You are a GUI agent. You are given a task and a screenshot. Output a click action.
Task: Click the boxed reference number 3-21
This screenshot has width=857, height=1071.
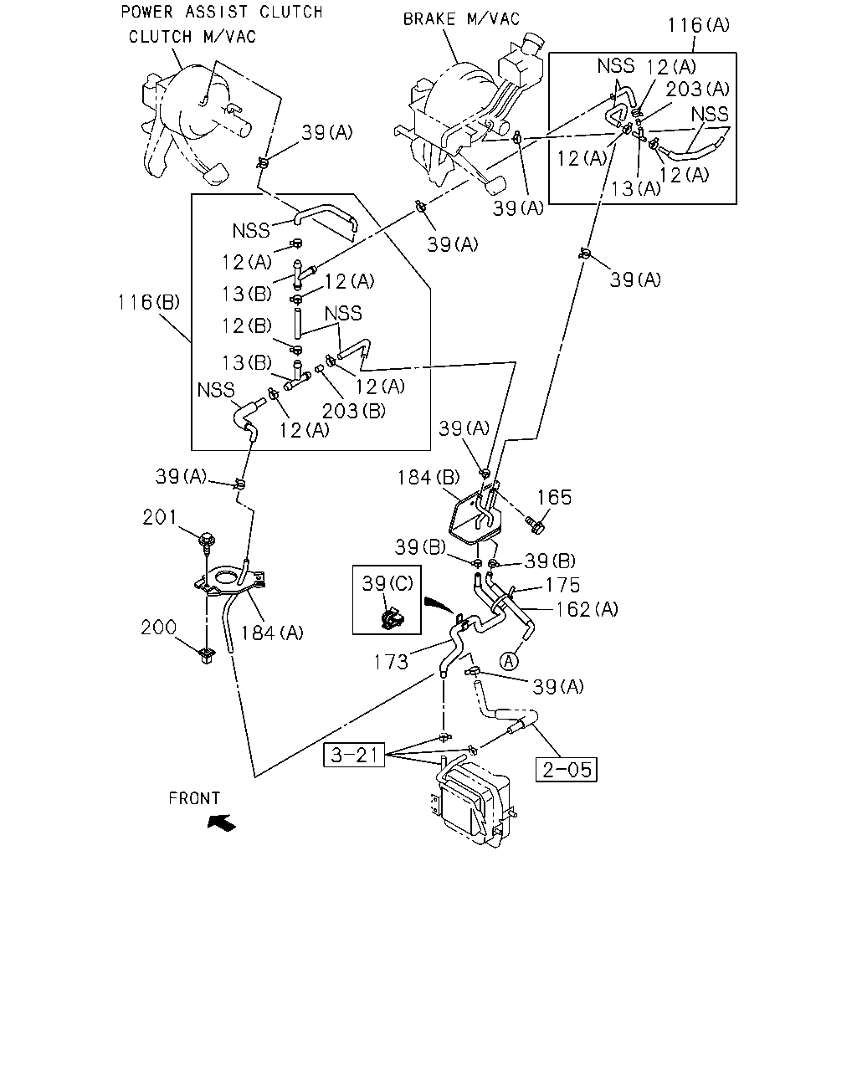point(354,755)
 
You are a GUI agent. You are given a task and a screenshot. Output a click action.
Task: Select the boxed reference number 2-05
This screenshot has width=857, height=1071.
point(567,770)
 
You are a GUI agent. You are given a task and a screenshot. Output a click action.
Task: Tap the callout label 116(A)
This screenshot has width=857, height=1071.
point(698,24)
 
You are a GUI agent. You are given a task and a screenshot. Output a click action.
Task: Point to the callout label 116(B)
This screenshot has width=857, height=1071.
point(148,302)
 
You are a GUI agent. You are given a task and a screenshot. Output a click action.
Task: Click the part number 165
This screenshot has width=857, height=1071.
point(554,497)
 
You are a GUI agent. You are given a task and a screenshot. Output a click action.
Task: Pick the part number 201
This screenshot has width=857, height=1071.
point(159,518)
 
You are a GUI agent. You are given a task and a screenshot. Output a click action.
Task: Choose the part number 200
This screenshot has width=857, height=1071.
point(158,627)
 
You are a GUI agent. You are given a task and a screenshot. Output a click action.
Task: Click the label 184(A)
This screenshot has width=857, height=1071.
point(272,633)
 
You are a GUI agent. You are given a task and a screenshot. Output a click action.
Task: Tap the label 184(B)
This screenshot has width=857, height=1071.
point(428,478)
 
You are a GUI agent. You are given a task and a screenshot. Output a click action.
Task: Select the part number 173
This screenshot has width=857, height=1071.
point(391,662)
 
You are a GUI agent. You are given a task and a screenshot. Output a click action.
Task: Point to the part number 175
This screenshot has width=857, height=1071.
point(562,585)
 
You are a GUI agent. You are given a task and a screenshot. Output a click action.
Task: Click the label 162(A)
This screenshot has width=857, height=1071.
point(587,609)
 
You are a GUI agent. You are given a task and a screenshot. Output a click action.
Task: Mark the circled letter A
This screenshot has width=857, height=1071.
point(509,661)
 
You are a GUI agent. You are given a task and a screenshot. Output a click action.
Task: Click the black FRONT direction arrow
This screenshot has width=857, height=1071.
point(222,822)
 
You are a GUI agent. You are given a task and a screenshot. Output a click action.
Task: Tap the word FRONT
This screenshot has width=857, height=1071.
point(194,798)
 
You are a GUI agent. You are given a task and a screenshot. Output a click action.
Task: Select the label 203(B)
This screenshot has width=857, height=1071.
point(353,411)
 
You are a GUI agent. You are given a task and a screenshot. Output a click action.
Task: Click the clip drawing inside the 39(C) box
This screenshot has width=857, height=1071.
point(390,617)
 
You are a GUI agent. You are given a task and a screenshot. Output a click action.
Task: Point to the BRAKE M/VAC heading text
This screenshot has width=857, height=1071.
point(461,19)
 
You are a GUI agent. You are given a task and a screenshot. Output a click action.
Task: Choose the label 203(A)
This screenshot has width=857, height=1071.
point(698,89)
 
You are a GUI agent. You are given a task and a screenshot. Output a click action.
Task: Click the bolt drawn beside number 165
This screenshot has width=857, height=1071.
point(534,525)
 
